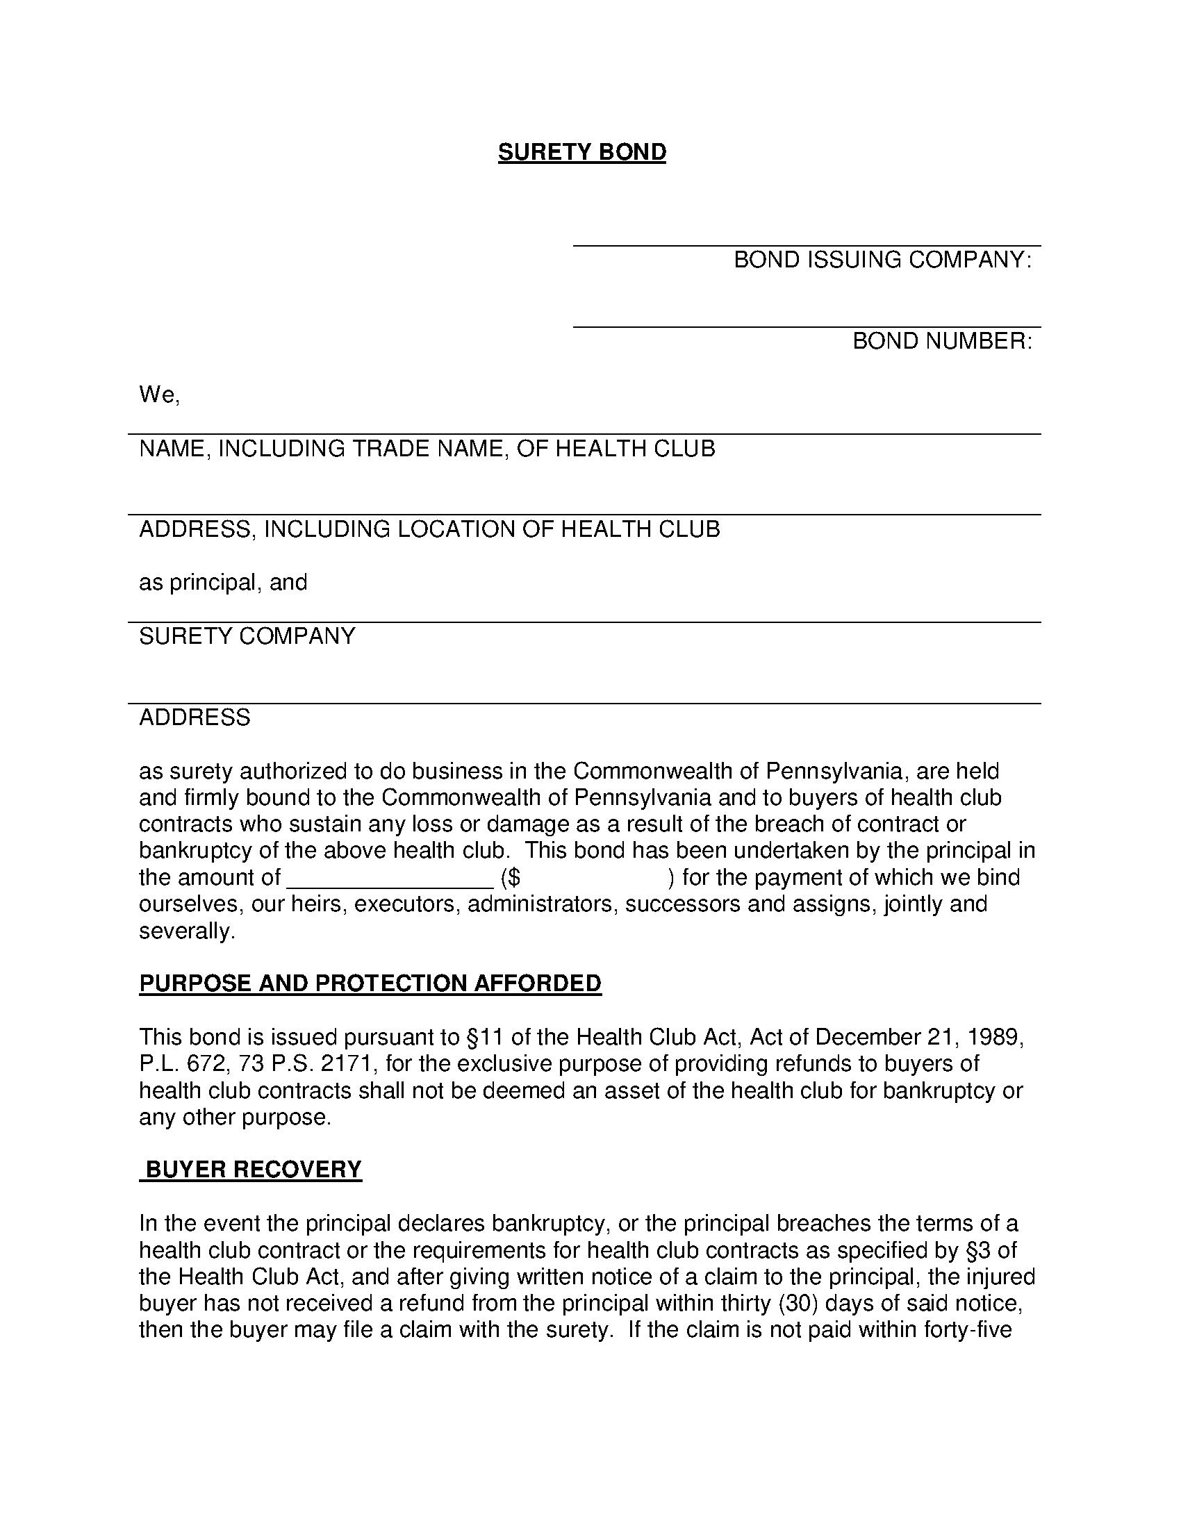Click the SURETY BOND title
click(581, 153)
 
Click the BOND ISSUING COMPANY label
click(882, 260)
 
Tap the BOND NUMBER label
click(942, 342)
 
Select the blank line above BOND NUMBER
click(806, 324)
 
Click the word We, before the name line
click(160, 395)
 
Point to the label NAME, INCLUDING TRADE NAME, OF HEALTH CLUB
click(427, 449)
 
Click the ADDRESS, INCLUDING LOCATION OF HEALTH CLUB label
click(429, 529)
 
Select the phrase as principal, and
click(223, 582)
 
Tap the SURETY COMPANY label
click(247, 636)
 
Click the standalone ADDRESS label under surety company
click(195, 717)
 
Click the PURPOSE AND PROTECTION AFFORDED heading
click(370, 983)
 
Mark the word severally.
click(187, 931)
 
